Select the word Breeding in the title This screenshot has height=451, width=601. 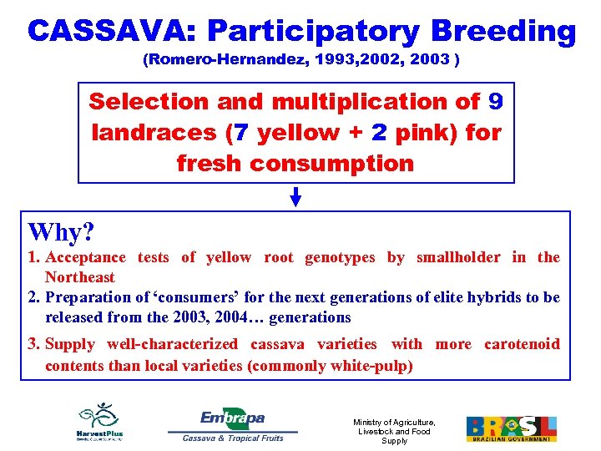tap(503, 32)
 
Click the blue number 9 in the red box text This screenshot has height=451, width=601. tap(496, 102)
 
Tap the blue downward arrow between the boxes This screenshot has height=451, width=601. tap(295, 197)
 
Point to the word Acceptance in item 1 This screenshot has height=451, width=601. tap(85, 257)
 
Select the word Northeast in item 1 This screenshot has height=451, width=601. tap(79, 277)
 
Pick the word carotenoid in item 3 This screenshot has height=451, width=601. tap(522, 344)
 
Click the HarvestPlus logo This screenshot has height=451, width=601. tap(99, 422)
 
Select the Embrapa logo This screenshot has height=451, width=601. tap(233, 418)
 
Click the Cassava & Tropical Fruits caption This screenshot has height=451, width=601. tap(233, 437)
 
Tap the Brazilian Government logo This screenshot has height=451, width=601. tap(511, 428)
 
